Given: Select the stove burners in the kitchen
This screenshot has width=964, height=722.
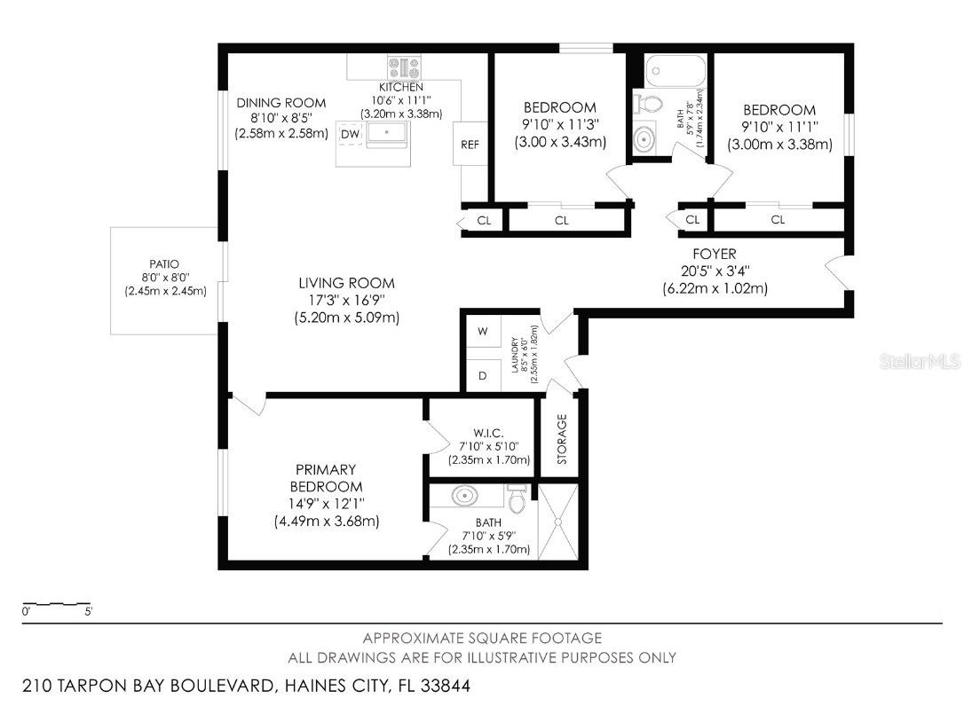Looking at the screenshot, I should [x=404, y=67].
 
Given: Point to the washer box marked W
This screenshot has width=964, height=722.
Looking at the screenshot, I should [x=484, y=332].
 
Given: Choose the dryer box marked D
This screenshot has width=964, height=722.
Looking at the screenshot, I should [x=484, y=375].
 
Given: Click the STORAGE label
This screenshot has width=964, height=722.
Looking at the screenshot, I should [x=562, y=438].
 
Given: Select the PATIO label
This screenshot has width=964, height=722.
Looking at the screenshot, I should [x=164, y=264].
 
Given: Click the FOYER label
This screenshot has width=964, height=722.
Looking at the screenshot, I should [x=715, y=255].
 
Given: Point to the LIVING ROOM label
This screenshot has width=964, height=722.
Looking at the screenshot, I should [x=346, y=284].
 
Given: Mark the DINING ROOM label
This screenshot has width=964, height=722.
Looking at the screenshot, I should [x=281, y=103].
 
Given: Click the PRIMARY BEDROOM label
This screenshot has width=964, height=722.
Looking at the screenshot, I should [x=326, y=478].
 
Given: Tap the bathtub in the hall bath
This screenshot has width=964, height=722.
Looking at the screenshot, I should [x=675, y=70].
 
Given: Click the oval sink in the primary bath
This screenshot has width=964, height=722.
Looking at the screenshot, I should [x=465, y=494].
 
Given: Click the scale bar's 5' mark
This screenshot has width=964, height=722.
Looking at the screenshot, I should [x=88, y=611].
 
